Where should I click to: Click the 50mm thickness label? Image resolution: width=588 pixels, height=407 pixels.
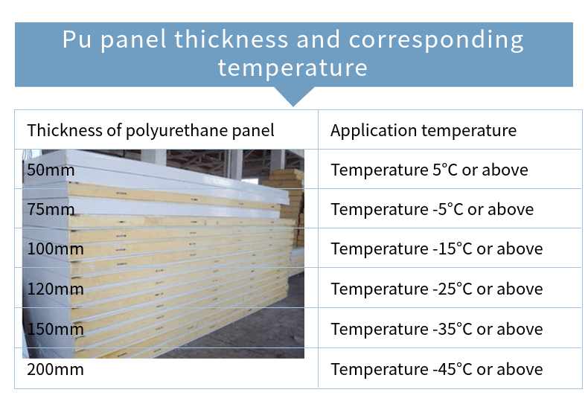(x=51, y=170)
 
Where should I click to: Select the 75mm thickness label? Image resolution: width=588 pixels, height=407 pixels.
(x=51, y=209)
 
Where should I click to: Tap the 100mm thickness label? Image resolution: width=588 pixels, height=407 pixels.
(x=55, y=249)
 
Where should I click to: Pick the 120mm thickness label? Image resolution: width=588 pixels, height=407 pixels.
(x=55, y=289)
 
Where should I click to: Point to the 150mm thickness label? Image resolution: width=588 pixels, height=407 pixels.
(x=55, y=329)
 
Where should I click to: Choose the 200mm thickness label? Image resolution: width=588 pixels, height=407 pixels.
(x=55, y=370)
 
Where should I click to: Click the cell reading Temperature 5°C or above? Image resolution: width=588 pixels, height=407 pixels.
(x=429, y=170)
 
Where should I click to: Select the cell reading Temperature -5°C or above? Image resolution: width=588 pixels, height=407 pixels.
(x=432, y=209)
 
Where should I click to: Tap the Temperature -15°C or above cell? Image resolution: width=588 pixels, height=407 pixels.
(x=436, y=249)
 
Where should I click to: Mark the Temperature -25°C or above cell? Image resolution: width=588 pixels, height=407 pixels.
(x=436, y=289)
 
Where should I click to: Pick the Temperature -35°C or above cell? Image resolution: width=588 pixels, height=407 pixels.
(x=436, y=329)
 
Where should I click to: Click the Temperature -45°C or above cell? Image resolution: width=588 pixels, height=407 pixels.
(x=436, y=370)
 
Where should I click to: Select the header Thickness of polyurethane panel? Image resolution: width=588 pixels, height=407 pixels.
(x=150, y=131)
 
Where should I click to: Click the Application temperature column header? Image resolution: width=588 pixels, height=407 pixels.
(x=424, y=131)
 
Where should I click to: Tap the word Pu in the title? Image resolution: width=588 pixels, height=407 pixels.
(x=77, y=39)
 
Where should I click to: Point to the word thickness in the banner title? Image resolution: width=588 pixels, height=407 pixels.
(x=231, y=39)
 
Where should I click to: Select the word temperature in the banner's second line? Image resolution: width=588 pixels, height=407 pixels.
(x=293, y=68)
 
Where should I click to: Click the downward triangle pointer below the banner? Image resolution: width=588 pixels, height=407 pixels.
(x=293, y=96)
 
